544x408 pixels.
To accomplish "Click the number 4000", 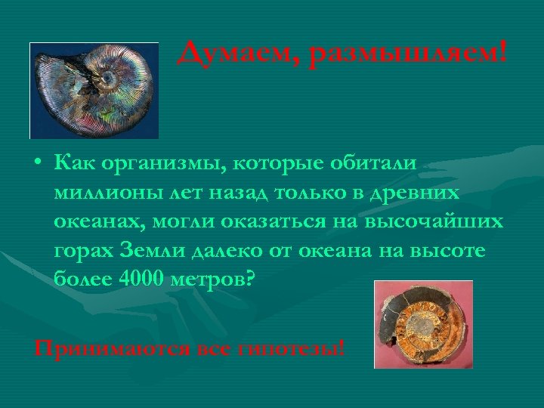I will (144, 279).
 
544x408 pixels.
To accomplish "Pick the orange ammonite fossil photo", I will (423, 324).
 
